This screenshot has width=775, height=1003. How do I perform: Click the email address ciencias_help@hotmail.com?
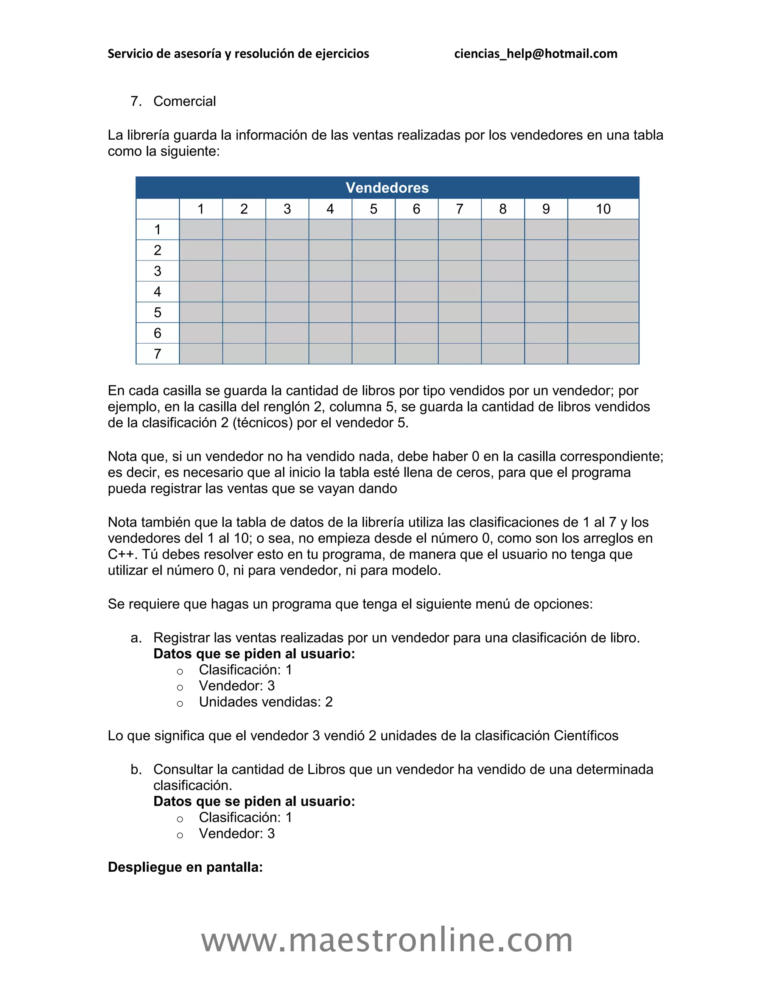(x=535, y=54)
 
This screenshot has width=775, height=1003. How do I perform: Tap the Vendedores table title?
(x=387, y=187)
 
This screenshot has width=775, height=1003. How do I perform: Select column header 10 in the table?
(x=603, y=209)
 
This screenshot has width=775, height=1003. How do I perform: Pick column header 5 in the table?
(x=373, y=209)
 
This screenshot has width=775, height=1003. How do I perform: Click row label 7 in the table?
(x=157, y=354)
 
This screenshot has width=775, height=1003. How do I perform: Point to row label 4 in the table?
(x=157, y=291)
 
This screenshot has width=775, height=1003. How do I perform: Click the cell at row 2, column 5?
(x=373, y=250)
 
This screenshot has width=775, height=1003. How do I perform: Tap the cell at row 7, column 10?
(x=603, y=354)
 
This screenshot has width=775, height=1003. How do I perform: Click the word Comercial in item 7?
(x=184, y=101)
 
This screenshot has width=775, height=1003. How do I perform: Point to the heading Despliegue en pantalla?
(x=185, y=867)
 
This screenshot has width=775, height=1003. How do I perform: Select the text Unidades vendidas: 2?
(x=265, y=702)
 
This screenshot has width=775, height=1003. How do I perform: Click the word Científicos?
(x=586, y=736)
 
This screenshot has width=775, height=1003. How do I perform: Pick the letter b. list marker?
(x=136, y=769)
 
